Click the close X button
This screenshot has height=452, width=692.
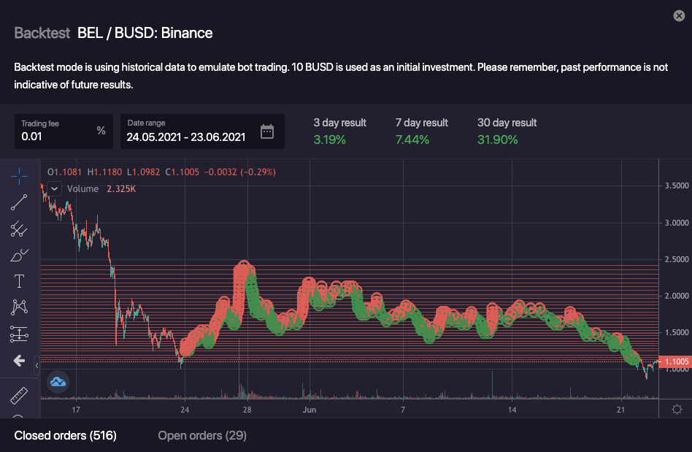pyautogui.click(x=679, y=15)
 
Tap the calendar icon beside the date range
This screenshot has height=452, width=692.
pyautogui.click(x=267, y=131)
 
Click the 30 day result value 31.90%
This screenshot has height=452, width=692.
pyautogui.click(x=497, y=139)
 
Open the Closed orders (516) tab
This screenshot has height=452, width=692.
pyautogui.click(x=66, y=436)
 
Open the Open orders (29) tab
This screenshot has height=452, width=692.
pyautogui.click(x=202, y=436)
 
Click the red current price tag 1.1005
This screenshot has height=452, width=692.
pyautogui.click(x=674, y=361)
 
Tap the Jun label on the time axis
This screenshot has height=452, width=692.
pyautogui.click(x=310, y=410)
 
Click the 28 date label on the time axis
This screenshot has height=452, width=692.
pyautogui.click(x=247, y=410)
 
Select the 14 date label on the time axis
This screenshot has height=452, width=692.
pyautogui.click(x=512, y=410)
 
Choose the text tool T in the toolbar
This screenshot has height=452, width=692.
pyautogui.click(x=20, y=281)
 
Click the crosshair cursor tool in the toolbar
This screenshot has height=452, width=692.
pyautogui.click(x=20, y=175)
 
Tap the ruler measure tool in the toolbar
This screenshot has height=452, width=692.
pyautogui.click(x=20, y=395)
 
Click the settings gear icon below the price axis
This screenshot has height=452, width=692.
pyautogui.click(x=677, y=409)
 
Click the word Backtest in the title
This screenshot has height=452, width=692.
pyautogui.click(x=42, y=33)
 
